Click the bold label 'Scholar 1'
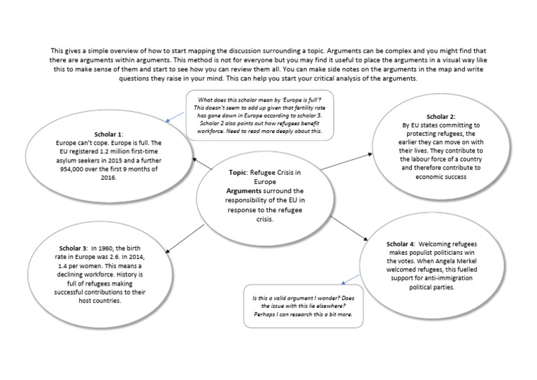(x=108, y=134)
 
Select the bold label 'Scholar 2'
(x=441, y=115)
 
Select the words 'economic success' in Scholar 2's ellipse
(x=441, y=177)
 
